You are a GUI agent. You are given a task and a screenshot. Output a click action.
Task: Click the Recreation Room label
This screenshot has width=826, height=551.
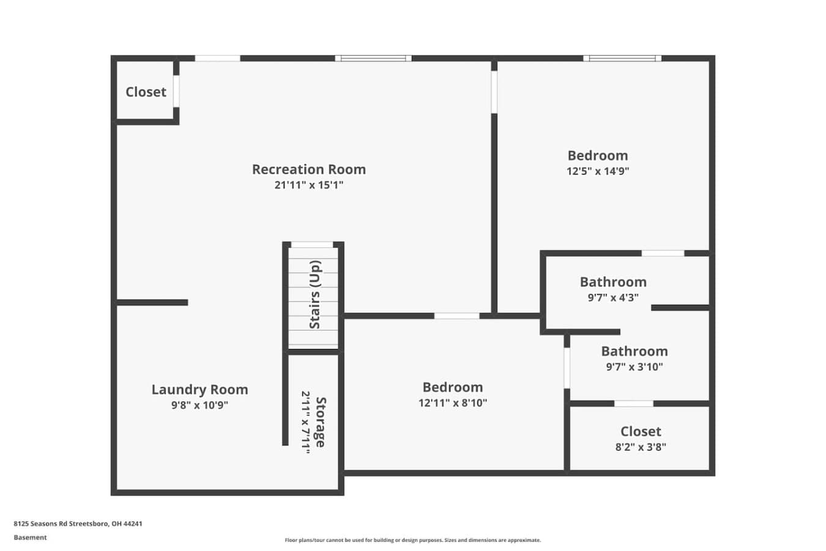309,170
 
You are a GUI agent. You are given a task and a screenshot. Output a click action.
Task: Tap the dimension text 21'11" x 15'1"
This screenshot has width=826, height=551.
309,185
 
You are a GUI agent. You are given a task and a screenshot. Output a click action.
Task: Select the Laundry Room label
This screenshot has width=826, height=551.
200,390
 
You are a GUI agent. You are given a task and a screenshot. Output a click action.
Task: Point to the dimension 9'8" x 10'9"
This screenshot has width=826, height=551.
200,405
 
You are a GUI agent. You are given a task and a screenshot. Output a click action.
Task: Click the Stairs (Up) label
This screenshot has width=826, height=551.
315,294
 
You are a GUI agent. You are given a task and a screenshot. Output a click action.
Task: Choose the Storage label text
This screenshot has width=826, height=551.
321,422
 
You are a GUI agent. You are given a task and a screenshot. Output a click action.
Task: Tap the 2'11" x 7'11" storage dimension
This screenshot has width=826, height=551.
306,422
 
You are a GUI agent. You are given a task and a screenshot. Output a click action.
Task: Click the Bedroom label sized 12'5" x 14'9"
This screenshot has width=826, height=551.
598,156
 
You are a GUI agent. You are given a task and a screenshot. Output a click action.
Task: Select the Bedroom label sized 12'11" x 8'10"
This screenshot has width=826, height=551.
453,388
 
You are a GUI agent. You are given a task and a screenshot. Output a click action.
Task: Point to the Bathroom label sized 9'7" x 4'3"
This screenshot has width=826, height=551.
613,282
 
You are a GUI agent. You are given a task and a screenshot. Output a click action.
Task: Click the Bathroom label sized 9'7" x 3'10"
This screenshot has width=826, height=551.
634,351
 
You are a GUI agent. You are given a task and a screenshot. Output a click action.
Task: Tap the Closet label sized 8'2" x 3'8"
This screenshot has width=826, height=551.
641,432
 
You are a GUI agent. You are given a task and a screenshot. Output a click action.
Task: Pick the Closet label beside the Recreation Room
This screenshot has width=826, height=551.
146,92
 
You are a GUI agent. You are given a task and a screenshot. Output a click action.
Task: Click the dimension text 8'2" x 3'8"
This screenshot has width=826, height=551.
641,448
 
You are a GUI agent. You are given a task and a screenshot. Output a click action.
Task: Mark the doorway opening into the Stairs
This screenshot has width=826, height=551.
312,245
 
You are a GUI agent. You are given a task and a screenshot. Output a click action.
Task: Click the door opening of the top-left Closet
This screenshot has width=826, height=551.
176,91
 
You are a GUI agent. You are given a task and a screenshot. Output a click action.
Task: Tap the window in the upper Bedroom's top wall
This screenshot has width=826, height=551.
622,58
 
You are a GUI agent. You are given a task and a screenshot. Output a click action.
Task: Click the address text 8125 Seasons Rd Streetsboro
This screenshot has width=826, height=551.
61,523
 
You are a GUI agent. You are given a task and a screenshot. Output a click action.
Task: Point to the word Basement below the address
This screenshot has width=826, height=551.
30,538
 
